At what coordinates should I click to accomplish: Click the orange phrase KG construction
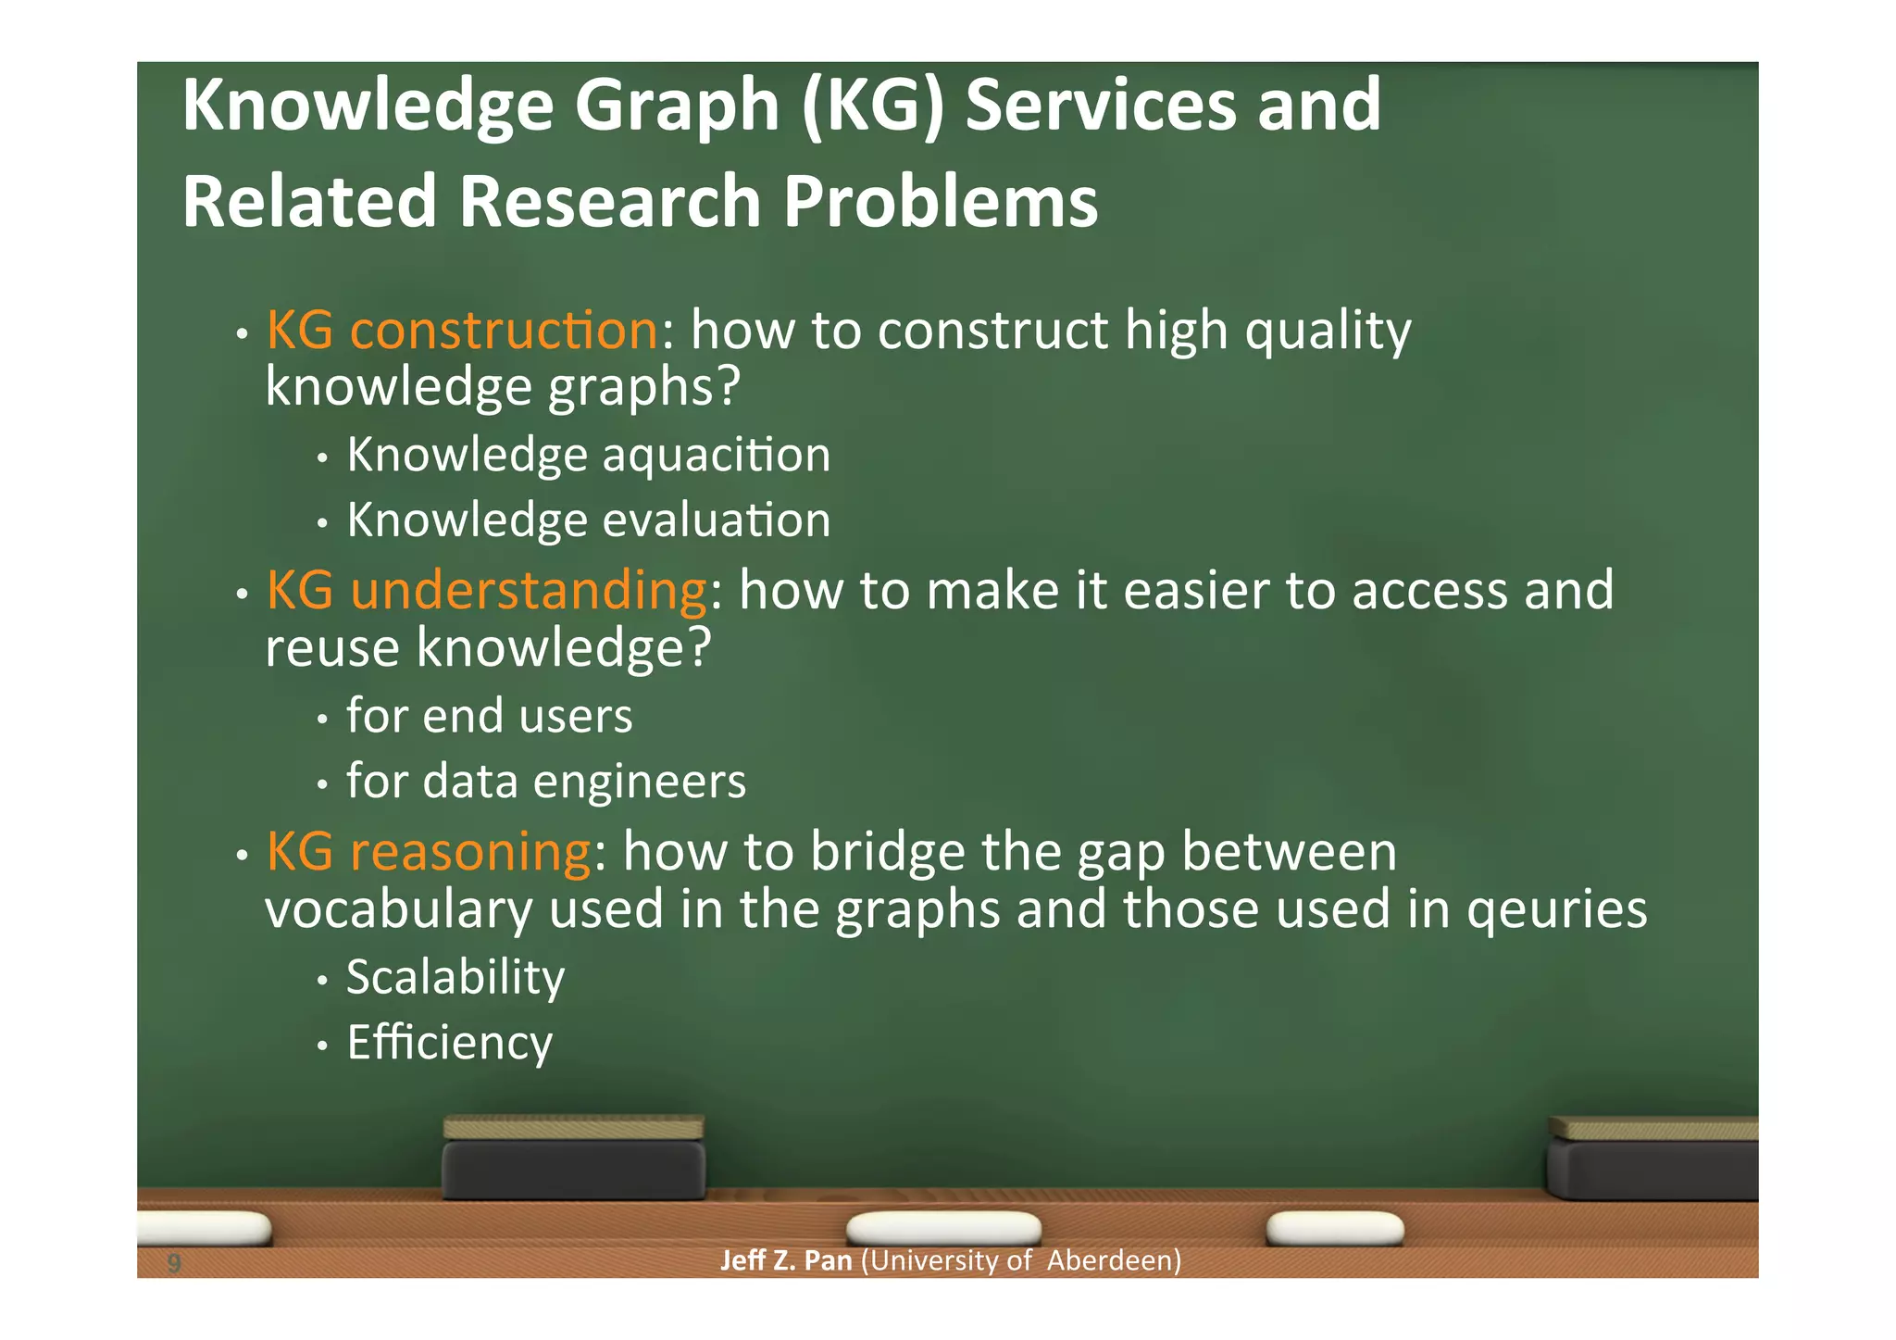(x=462, y=331)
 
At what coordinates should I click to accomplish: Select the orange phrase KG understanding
(x=486, y=591)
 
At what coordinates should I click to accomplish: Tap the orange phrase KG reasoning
(x=429, y=852)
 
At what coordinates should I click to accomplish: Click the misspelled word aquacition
(x=717, y=456)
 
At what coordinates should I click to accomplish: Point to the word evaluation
(x=717, y=520)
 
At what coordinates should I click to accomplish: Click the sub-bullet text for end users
(x=489, y=717)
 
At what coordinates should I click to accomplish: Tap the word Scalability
(x=455, y=978)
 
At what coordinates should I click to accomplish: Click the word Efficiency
(x=449, y=1044)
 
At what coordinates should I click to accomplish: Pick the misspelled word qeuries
(x=1556, y=909)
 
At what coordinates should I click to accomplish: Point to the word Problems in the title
(x=941, y=202)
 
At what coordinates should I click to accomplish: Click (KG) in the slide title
(x=872, y=106)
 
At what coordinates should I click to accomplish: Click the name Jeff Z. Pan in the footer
(x=785, y=1261)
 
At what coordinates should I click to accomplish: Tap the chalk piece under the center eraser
(x=944, y=1228)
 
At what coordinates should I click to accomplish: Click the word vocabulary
(x=398, y=909)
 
